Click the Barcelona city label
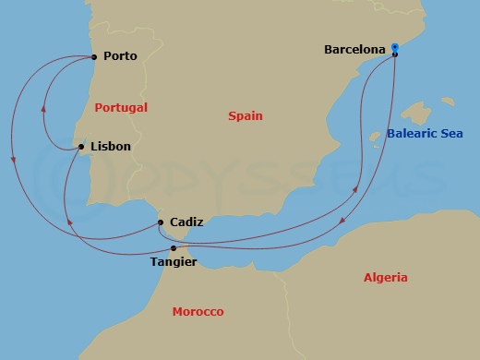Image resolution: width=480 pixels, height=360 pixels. coord(355,50)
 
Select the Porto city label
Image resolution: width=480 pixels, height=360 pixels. coord(121,56)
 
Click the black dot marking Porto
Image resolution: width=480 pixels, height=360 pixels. coord(96,56)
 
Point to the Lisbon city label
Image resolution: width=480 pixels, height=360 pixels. coord(111,146)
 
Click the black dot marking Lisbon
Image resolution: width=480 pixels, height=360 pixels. coord(82,146)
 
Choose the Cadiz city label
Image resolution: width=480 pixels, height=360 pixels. coord(186,222)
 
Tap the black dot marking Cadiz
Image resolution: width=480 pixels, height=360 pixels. coord(162,222)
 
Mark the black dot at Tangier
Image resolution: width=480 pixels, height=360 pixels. coord(174,247)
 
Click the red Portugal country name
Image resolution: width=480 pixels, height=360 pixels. coord(121,108)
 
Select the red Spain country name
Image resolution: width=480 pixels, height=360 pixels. coord(246,116)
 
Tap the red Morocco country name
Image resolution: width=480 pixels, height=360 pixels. coord(198,312)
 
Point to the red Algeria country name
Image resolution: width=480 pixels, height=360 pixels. coord(385,278)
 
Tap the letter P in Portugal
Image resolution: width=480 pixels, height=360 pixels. coord(99,108)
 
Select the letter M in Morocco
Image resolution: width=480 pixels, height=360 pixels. coord(177,312)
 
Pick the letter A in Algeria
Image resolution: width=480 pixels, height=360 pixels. coord(367,278)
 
